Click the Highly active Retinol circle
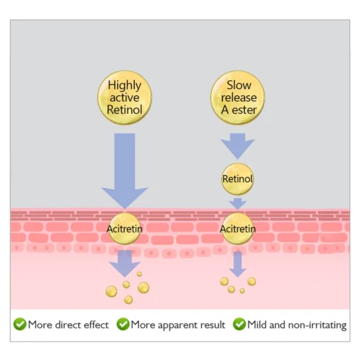tap(125, 97)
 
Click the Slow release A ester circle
tap(238, 97)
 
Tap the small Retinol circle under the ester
tap(237, 179)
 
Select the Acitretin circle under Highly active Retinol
tap(125, 229)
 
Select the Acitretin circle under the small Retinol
tap(238, 229)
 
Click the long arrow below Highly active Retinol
tap(125, 171)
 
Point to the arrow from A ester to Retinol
tap(238, 146)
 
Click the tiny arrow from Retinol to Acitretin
tap(238, 203)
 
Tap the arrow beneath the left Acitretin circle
tap(125, 263)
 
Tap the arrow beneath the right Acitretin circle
tap(238, 264)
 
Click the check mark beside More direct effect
tap(20, 324)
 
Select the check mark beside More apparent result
tap(123, 324)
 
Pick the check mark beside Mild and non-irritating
tap(239, 324)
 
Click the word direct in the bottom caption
tap(68, 325)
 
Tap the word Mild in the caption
tap(257, 325)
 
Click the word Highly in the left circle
tap(124, 85)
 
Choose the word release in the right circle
tap(239, 97)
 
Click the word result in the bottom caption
tap(212, 325)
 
